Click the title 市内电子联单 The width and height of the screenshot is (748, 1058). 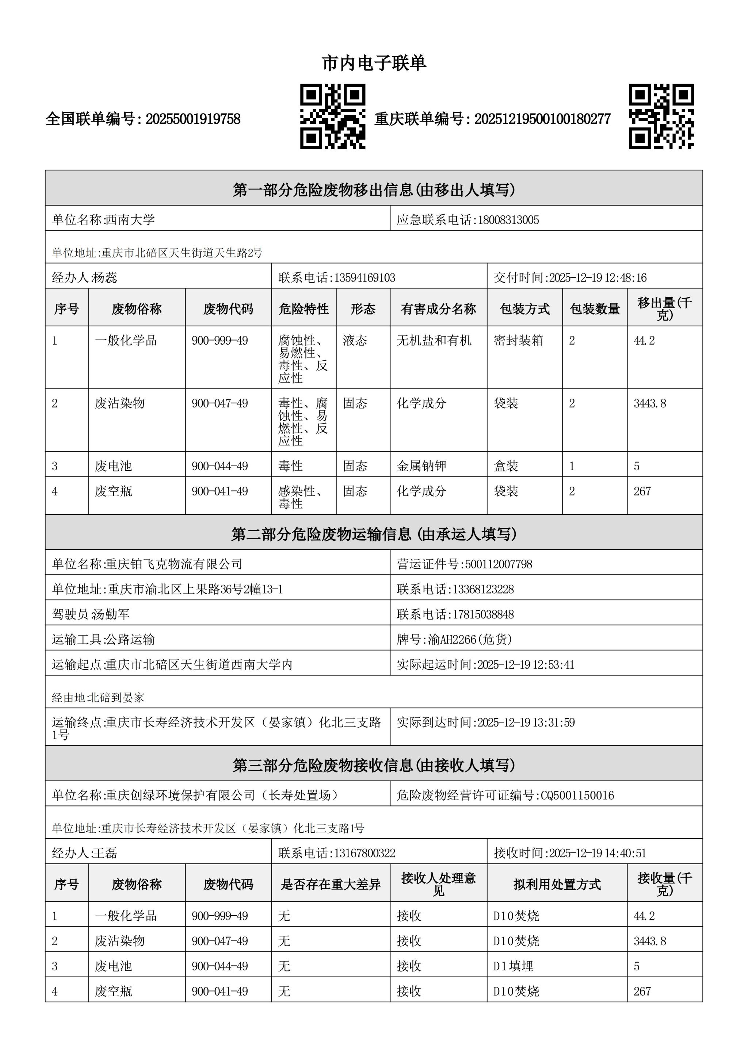[374, 63]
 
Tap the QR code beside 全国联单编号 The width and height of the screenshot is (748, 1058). [332, 116]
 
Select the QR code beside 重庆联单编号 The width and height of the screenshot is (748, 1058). [661, 116]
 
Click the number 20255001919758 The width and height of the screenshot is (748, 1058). [193, 119]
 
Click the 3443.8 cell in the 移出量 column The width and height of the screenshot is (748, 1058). [649, 403]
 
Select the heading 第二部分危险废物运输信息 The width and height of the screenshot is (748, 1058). [374, 534]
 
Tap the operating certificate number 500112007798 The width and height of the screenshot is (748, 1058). [498, 564]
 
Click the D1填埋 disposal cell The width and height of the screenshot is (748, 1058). [513, 966]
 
